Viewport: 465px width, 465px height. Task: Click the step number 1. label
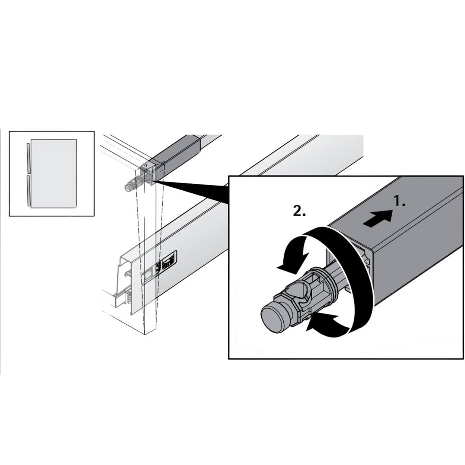(400, 202)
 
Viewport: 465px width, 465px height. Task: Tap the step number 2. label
(299, 211)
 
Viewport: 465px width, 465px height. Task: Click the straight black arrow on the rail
(378, 218)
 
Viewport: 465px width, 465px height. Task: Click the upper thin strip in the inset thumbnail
(27, 158)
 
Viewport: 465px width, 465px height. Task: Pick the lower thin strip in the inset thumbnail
(27, 190)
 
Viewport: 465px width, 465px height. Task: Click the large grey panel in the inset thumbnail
(54, 173)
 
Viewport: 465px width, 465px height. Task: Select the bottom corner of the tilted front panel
(144, 335)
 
